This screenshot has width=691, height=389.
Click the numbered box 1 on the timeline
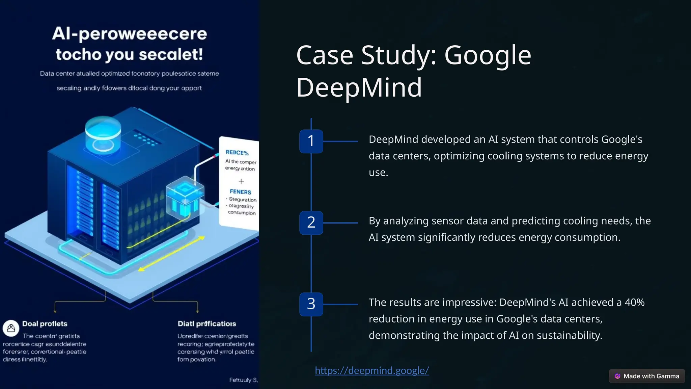[311, 141]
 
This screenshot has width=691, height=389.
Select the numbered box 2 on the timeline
[311, 223]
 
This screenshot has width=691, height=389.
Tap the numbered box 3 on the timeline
[311, 304]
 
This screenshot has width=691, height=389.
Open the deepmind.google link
[372, 370]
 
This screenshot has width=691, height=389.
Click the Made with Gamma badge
[647, 376]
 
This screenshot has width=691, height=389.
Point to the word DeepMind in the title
[359, 87]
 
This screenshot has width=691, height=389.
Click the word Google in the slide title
[488, 55]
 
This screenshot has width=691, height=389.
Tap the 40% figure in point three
[634, 302]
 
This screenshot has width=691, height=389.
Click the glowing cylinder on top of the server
[103, 133]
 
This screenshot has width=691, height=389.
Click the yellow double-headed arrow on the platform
[171, 254]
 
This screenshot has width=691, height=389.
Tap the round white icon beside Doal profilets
[11, 328]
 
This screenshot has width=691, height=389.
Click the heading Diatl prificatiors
[206, 324]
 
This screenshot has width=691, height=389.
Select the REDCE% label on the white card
[237, 153]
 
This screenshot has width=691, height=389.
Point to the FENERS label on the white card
[240, 192]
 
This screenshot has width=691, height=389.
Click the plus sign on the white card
[241, 181]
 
